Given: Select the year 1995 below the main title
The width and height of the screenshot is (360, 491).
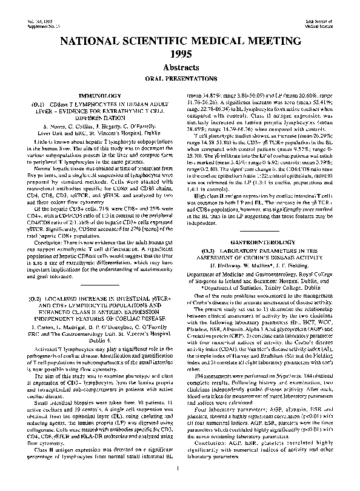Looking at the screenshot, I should pos(180,56).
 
